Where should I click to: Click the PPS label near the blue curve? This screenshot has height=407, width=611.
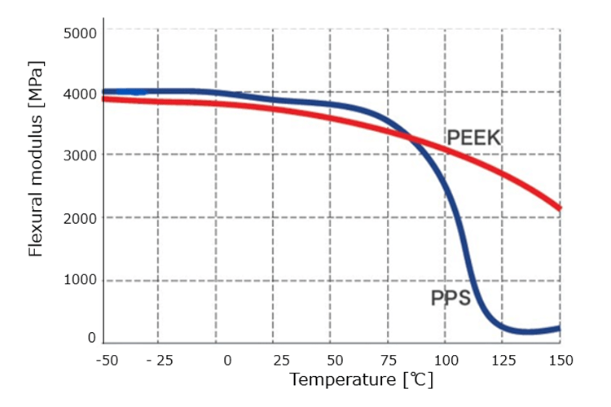coord(451,298)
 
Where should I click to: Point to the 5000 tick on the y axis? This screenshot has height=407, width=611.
coord(80,33)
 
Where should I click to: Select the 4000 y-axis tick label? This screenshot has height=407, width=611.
coord(80,94)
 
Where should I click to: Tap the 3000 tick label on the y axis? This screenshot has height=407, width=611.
coord(80,155)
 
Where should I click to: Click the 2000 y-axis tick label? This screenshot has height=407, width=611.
coord(80,217)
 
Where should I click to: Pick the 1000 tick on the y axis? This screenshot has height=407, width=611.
coord(80,279)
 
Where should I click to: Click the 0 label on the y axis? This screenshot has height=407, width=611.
coord(91,338)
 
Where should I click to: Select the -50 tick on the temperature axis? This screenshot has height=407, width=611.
coord(108,360)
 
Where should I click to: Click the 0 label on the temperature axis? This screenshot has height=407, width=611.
coord(227,360)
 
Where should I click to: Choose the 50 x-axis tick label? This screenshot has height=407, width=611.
coord(335,360)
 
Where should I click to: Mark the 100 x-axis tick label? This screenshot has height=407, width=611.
coord(445,360)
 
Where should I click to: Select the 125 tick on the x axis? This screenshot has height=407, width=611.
coord(503,360)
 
